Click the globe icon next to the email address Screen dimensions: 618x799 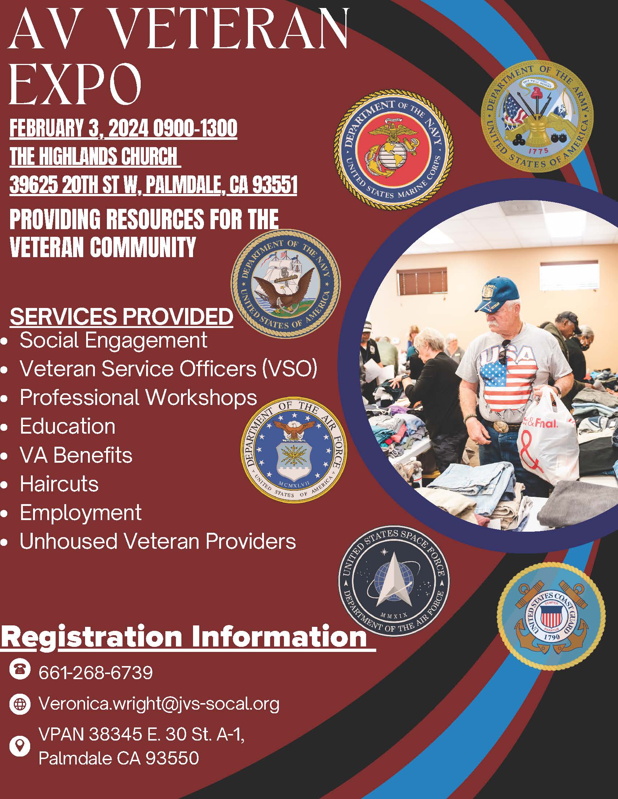(19, 704)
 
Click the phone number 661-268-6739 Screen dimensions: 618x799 (96, 672)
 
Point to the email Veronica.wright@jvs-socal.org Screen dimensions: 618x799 (159, 704)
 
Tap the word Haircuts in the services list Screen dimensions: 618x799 (59, 484)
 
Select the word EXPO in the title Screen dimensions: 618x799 (76, 84)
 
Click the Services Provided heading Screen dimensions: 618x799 (121, 316)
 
